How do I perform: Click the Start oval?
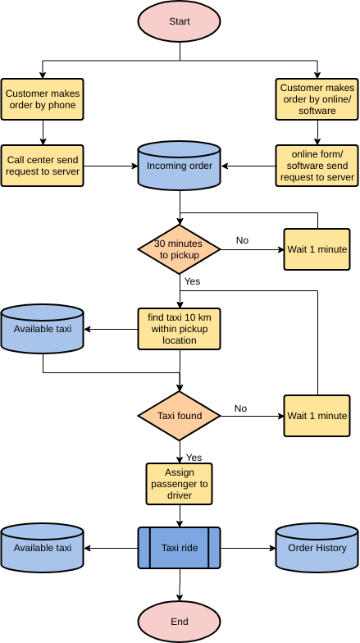[180, 21]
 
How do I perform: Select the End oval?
[180, 621]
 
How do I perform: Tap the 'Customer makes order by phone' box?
[43, 98]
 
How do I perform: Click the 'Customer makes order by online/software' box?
[317, 98]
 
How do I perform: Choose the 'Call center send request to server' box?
[43, 166]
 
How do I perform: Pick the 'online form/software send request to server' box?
[317, 166]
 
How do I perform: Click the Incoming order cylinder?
[180, 166]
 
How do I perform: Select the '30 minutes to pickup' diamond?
[180, 249]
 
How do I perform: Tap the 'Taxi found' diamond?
[180, 416]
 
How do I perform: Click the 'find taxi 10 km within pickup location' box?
[180, 329]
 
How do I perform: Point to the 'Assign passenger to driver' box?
[180, 484]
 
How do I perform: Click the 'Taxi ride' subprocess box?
[180, 548]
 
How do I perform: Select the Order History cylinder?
[317, 548]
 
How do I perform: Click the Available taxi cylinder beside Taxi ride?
[43, 548]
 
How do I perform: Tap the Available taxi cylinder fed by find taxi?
[43, 329]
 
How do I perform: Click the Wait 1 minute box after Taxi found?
[317, 416]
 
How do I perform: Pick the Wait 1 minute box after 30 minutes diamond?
[317, 249]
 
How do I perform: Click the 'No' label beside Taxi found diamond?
[240, 408]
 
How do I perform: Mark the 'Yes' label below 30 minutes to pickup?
[193, 281]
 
